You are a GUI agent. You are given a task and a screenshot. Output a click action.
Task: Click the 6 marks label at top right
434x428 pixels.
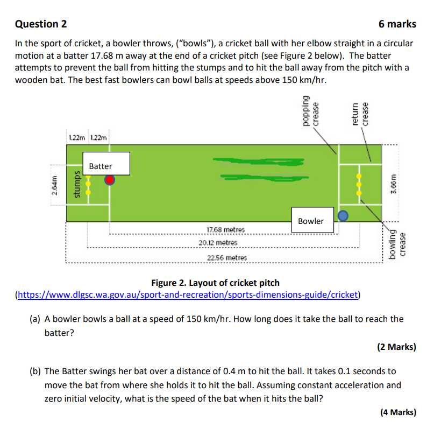point(397,24)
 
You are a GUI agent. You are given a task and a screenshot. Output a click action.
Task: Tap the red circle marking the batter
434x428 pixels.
point(110,180)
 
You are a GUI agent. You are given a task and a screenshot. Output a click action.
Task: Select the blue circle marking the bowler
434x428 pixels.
point(343,216)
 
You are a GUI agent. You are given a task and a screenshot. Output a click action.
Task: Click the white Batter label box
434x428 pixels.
point(106,164)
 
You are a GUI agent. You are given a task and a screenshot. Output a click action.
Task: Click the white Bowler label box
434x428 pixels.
point(311,221)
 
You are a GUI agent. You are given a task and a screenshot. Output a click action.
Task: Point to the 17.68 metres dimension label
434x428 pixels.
point(225,230)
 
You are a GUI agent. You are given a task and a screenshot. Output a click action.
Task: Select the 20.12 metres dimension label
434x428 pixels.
point(225,243)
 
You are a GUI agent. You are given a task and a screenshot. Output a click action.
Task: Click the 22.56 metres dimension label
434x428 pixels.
point(226,257)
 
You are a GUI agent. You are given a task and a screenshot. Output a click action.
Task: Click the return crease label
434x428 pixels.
point(360,113)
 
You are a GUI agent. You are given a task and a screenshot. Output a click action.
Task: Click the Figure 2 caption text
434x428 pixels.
point(215,283)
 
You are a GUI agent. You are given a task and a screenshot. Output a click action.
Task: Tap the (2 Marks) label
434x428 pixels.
point(396,347)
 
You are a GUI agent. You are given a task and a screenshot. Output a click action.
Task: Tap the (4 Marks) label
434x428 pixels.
point(397,412)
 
